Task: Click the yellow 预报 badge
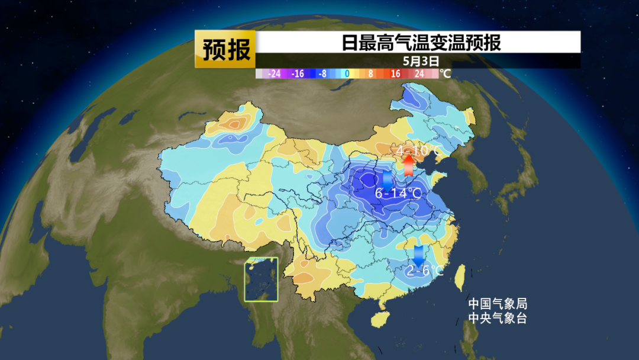click(x=225, y=49)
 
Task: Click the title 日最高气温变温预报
click(x=421, y=43)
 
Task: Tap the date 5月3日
click(x=421, y=60)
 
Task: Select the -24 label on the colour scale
click(x=273, y=74)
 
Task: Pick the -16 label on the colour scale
click(x=298, y=74)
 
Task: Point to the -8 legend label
click(x=322, y=74)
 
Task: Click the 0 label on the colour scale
click(x=347, y=74)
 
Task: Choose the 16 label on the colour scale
click(x=395, y=74)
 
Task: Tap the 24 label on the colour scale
click(x=419, y=74)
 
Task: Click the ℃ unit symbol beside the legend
click(x=446, y=74)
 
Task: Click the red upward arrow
click(x=408, y=164)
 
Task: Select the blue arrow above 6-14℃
click(x=388, y=179)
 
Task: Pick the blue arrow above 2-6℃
click(x=419, y=256)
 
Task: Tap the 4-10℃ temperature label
click(x=419, y=152)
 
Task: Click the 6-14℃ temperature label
click(x=398, y=193)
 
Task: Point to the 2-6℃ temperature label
click(x=424, y=271)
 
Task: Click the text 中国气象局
click(x=498, y=304)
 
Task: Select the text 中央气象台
click(x=498, y=318)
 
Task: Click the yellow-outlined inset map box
click(x=262, y=279)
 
